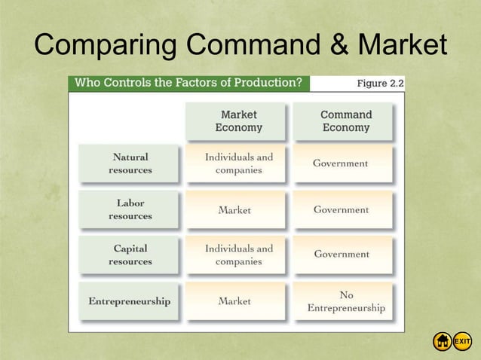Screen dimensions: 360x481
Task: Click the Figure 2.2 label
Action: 380,84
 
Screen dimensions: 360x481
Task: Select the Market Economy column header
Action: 238,121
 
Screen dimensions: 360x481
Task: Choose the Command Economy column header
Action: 345,121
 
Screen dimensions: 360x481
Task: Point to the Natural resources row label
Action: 130,163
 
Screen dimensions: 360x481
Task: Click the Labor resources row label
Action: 130,209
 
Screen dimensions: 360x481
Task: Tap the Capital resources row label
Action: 130,255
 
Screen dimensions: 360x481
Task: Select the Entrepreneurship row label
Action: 130,301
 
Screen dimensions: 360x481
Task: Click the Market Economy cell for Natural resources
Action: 238,163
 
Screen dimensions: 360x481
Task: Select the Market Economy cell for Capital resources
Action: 238,255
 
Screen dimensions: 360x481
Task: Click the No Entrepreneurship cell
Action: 345,301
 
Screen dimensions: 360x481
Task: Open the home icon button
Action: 442,342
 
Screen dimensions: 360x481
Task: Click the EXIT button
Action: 462,342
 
